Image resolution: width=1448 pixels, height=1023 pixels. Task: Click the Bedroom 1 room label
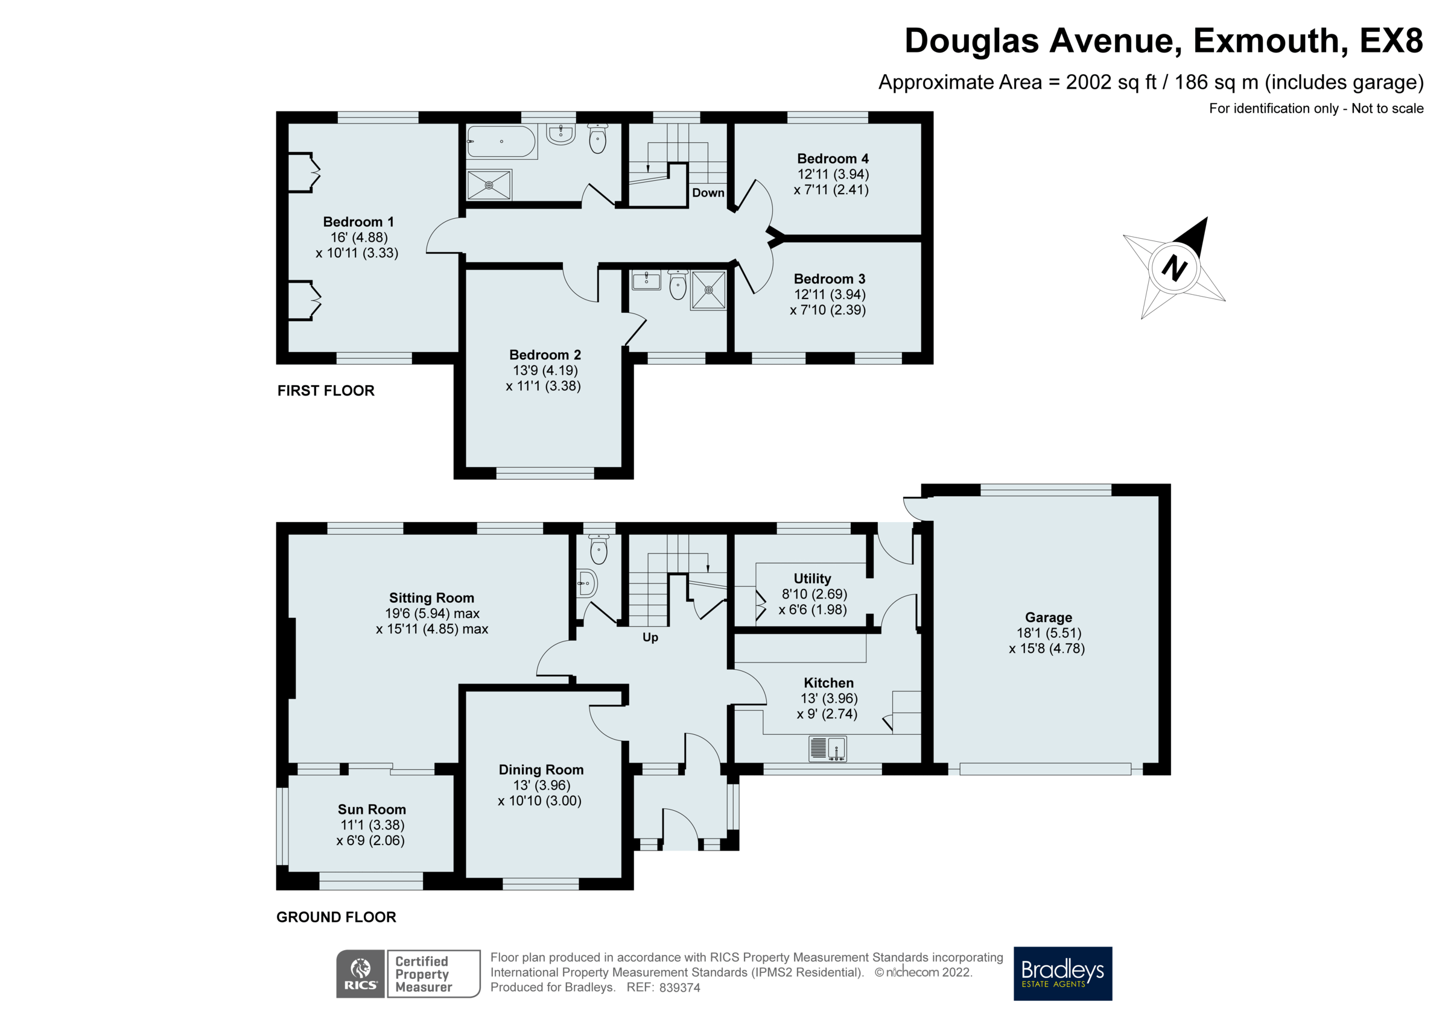click(358, 222)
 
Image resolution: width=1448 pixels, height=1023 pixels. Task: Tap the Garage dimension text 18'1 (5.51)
click(1049, 633)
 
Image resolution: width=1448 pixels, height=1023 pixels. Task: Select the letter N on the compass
click(1173, 268)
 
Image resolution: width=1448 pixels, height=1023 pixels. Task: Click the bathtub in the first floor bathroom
click(501, 142)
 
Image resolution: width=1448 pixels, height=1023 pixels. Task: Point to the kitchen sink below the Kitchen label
click(827, 749)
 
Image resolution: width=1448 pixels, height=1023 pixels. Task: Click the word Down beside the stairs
click(708, 193)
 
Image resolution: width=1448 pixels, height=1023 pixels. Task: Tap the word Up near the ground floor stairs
click(650, 637)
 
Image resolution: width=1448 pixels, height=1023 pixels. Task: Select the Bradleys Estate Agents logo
click(1062, 973)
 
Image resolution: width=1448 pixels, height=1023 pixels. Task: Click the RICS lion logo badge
click(360, 973)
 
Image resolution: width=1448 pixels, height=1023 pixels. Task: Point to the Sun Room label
click(372, 810)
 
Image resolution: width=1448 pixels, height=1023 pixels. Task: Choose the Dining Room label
click(541, 770)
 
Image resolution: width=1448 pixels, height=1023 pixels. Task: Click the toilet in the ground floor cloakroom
click(599, 550)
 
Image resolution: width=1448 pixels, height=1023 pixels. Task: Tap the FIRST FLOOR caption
click(325, 391)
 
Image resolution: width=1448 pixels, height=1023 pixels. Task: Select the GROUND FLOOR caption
click(336, 917)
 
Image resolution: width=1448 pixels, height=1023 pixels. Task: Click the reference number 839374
click(679, 987)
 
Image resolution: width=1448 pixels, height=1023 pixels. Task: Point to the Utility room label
click(811, 579)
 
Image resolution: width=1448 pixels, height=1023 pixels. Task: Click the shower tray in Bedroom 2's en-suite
click(708, 291)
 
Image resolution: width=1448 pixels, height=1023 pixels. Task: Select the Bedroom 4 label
click(833, 159)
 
